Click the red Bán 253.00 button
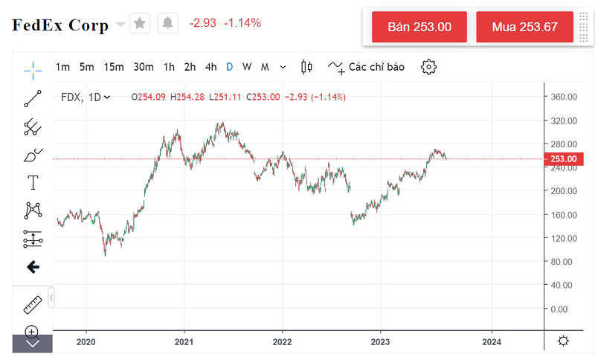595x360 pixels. (x=419, y=27)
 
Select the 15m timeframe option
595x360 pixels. (x=114, y=67)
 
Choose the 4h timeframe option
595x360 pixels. (x=211, y=67)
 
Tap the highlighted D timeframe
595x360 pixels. (x=230, y=67)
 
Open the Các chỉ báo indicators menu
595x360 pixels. (x=367, y=67)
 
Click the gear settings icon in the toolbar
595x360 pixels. (x=428, y=67)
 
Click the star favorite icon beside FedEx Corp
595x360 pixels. (x=139, y=23)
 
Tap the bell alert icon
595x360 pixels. (x=167, y=23)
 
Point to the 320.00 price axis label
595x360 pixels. (x=565, y=120)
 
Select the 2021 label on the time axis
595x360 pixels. (x=184, y=341)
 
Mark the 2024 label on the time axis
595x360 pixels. (x=491, y=341)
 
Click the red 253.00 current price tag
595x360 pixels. (x=563, y=158)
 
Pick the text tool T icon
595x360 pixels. (x=33, y=183)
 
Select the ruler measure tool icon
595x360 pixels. (x=33, y=304)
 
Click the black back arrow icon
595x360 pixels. (x=33, y=266)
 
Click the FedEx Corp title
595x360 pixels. (x=60, y=25)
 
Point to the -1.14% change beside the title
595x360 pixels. (x=242, y=23)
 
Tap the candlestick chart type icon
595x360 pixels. (x=306, y=67)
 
